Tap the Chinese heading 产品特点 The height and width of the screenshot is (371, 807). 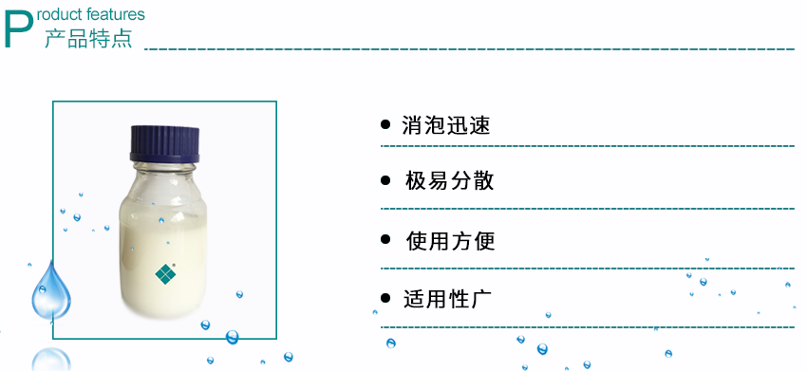click(88, 38)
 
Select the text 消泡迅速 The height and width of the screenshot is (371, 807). click(445, 125)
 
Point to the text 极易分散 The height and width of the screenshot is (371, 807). click(449, 181)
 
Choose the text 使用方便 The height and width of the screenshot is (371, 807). click(450, 241)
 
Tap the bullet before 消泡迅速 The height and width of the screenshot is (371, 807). click(385, 124)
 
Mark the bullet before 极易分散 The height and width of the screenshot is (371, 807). click(385, 180)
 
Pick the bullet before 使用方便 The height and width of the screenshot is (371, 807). click(385, 240)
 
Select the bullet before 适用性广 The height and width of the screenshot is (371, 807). click(385, 298)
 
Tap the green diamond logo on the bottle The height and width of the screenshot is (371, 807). click(166, 274)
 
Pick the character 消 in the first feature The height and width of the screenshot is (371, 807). click(412, 125)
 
